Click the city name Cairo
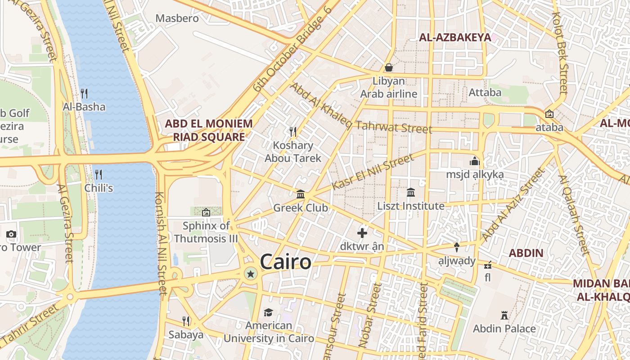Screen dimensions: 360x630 [x=285, y=262]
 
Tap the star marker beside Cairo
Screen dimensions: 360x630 [x=251, y=273]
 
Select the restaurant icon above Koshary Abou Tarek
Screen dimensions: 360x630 [x=293, y=131]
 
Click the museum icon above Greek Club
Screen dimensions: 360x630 [x=301, y=194]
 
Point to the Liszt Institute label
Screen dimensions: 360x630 [x=411, y=206]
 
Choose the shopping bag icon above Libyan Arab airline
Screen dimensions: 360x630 [x=389, y=67]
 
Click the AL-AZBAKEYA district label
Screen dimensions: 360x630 [x=455, y=37]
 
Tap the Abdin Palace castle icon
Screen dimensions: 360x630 [x=504, y=315]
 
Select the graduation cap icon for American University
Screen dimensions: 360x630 [x=269, y=312]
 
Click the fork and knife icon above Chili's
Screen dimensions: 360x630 [x=99, y=174]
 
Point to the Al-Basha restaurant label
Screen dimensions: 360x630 [x=84, y=107]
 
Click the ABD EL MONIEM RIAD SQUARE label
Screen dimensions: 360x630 [x=209, y=130]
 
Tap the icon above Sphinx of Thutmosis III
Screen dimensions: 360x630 [x=206, y=212]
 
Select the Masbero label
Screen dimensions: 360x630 [x=177, y=18]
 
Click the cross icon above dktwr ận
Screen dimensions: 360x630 [x=362, y=233]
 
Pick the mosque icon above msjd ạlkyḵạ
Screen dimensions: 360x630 [x=474, y=161]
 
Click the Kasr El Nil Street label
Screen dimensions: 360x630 [x=373, y=171]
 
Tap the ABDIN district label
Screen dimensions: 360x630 [x=526, y=253]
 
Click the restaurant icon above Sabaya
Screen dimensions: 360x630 [x=186, y=321]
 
